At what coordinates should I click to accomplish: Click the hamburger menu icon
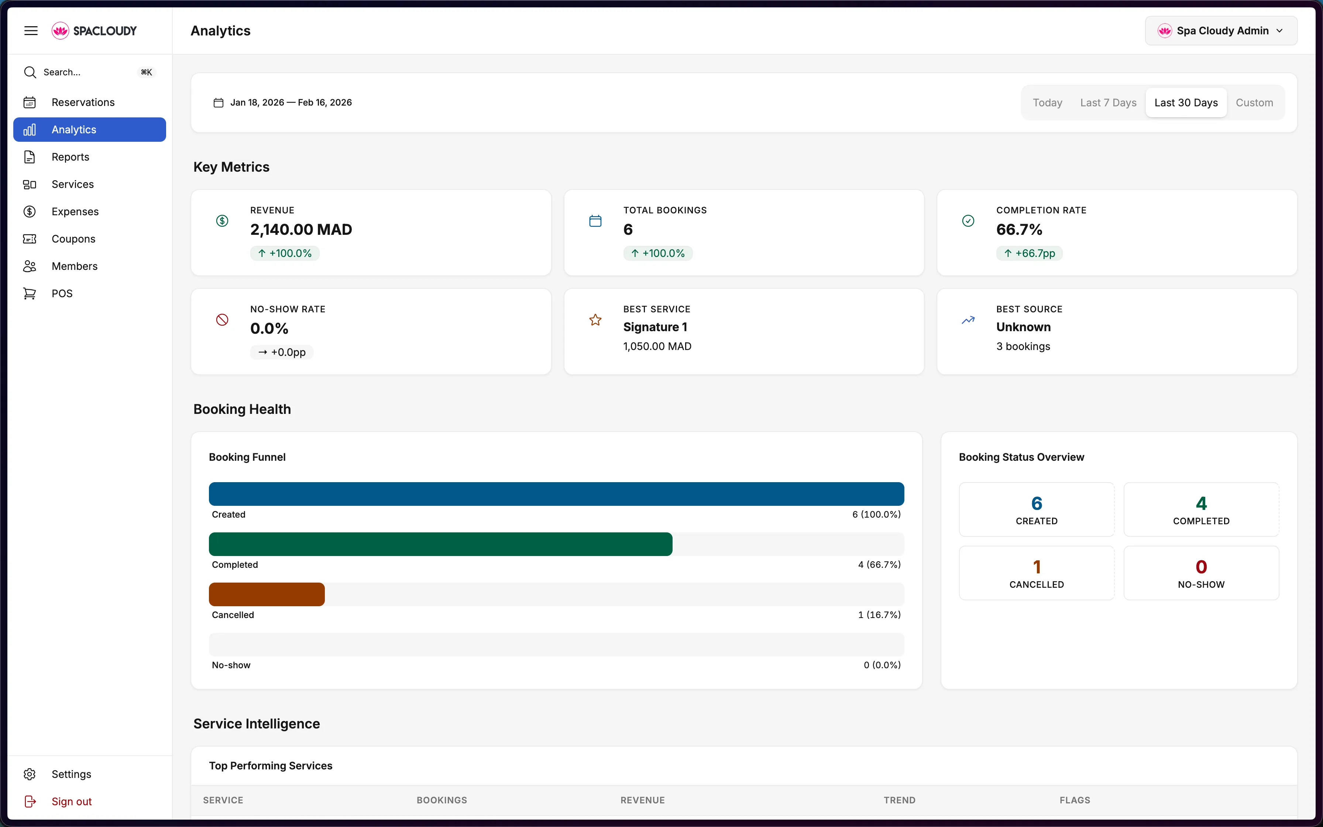31,31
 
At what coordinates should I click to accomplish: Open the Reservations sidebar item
83,102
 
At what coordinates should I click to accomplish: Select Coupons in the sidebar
73,239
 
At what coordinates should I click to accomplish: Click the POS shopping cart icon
30,294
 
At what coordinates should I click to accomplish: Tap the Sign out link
71,801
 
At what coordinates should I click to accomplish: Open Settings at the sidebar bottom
71,774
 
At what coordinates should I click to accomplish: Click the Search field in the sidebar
82,72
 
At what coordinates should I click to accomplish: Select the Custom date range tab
1254,103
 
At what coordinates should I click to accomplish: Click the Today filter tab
1047,103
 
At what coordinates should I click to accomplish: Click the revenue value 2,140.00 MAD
301,230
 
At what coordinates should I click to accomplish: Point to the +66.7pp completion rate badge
1029,253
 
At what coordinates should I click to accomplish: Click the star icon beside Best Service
595,320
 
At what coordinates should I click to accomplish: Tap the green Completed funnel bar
440,544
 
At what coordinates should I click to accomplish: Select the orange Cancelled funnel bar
267,594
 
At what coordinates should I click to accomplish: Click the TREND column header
899,800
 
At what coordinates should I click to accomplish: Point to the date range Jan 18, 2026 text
257,103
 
